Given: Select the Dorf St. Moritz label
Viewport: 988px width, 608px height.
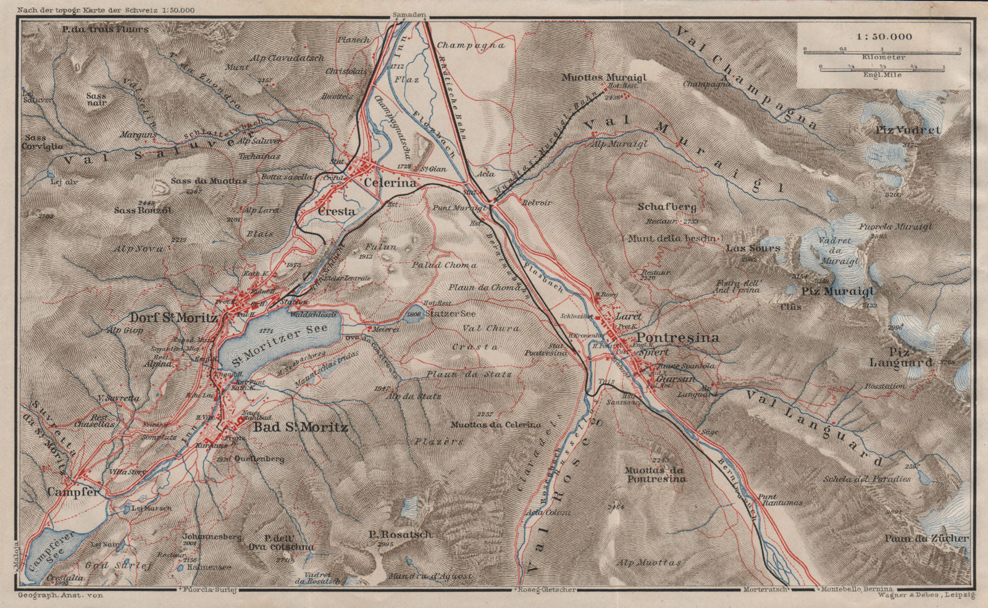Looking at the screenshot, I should click(174, 318).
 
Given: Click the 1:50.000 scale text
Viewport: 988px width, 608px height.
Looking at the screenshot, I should click(884, 36).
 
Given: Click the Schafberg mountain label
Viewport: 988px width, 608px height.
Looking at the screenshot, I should click(667, 207).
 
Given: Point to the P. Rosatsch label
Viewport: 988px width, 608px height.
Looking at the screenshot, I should click(400, 535).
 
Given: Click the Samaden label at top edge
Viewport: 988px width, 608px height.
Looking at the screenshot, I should click(409, 14).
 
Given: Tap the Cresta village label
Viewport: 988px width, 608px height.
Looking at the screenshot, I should click(337, 211).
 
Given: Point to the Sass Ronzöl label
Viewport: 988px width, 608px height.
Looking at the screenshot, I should click(143, 210).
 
